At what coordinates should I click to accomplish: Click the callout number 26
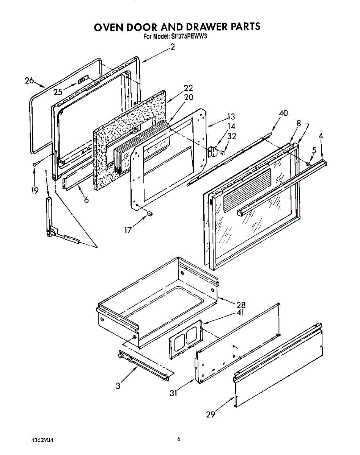tap(29, 81)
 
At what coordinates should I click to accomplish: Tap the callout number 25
tap(58, 92)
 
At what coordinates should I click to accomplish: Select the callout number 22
tap(189, 88)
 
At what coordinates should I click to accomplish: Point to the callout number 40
tap(283, 113)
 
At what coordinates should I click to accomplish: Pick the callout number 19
tap(35, 190)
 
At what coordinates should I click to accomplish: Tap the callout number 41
tap(240, 313)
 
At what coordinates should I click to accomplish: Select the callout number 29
tap(211, 414)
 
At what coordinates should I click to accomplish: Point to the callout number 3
tap(119, 386)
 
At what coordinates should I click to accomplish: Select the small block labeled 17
tap(149, 213)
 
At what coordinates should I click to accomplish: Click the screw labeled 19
tap(35, 163)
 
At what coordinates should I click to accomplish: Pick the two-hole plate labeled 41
tap(186, 339)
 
